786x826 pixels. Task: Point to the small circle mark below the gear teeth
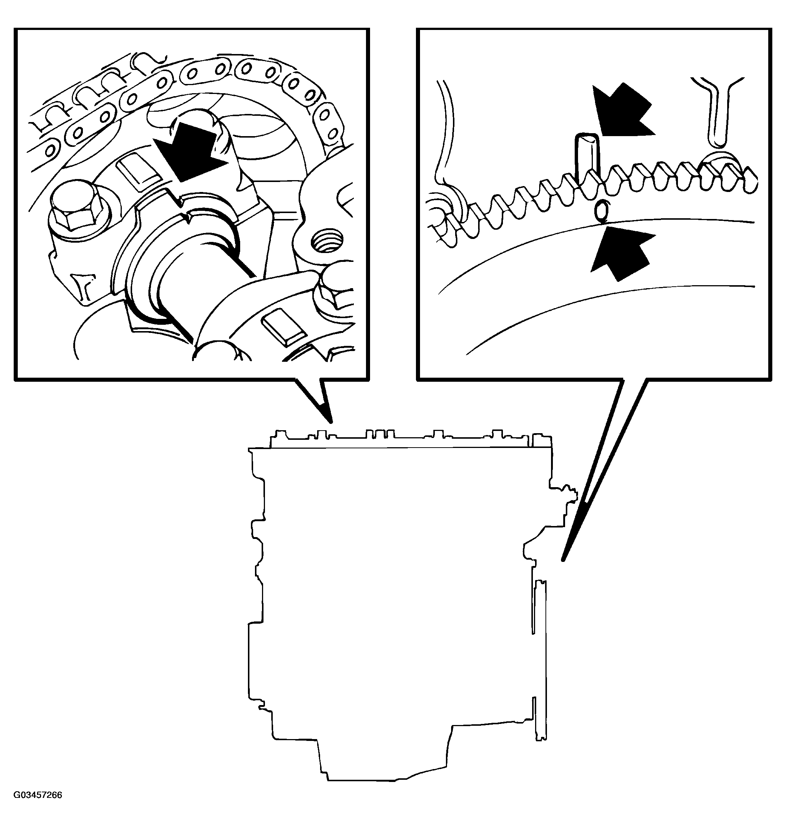point(602,210)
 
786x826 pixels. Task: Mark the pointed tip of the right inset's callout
point(564,560)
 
